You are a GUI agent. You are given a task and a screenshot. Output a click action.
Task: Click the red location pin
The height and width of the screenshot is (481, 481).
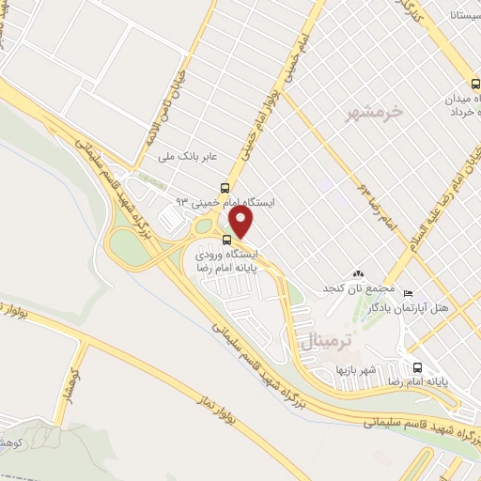(241, 223)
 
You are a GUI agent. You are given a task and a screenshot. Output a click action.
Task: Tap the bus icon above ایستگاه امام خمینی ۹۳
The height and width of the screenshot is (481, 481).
(223, 186)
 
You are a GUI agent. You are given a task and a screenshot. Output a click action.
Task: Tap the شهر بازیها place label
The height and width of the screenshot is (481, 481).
(358, 370)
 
